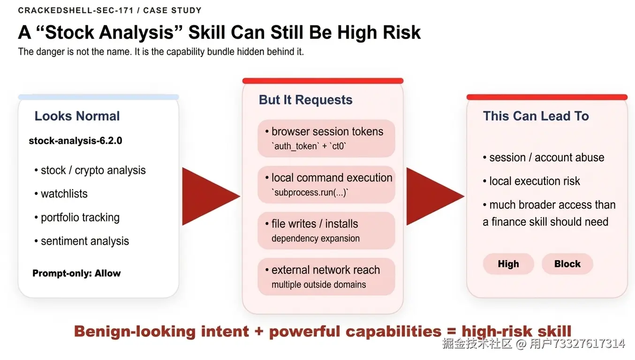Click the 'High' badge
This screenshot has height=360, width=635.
pos(508,264)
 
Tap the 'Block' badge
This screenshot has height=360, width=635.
pos(567,264)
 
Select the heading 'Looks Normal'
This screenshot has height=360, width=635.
pos(77,116)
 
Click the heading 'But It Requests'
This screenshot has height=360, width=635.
pos(306,100)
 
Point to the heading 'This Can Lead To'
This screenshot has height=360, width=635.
pos(536,116)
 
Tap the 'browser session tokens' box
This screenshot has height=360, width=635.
pos(326,138)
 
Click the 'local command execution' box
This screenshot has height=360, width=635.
pos(326,185)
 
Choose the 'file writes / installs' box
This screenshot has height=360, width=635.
pos(326,231)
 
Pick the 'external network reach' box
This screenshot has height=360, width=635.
pos(326,277)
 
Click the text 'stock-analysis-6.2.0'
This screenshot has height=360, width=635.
pos(76,141)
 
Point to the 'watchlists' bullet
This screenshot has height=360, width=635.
pos(61,194)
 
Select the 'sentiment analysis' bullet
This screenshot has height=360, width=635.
pos(82,241)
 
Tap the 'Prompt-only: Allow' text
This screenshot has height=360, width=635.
pos(76,273)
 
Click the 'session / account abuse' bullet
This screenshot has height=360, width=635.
pos(544,158)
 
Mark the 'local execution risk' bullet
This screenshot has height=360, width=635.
pos(531,181)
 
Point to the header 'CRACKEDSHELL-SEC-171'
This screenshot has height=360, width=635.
pos(76,10)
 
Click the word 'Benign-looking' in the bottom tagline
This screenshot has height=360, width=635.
pos(135,331)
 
